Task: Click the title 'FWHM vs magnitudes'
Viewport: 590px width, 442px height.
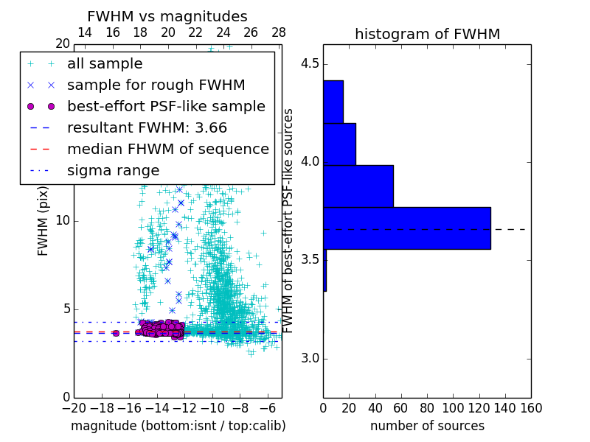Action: click(167, 17)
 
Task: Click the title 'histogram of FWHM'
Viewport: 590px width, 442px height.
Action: click(427, 34)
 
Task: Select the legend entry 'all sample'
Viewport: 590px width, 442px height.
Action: click(105, 64)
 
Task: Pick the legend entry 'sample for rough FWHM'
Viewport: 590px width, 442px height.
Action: click(156, 85)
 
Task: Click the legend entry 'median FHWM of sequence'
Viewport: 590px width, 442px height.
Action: click(167, 149)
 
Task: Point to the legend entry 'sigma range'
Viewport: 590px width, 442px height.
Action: click(113, 171)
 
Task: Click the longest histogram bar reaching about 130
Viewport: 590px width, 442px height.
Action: click(407, 228)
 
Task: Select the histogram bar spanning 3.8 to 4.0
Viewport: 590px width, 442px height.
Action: click(358, 186)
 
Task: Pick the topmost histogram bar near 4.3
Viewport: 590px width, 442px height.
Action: click(333, 102)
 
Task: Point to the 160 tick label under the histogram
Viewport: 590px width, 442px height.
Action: click(531, 408)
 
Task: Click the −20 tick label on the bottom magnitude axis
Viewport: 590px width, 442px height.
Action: click(74, 408)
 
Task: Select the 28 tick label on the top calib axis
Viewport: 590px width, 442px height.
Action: click(279, 32)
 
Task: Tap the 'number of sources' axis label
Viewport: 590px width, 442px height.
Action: click(427, 426)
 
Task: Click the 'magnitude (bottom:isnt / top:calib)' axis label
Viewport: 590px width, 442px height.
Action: click(178, 426)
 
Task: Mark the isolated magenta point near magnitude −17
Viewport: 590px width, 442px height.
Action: click(116, 333)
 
